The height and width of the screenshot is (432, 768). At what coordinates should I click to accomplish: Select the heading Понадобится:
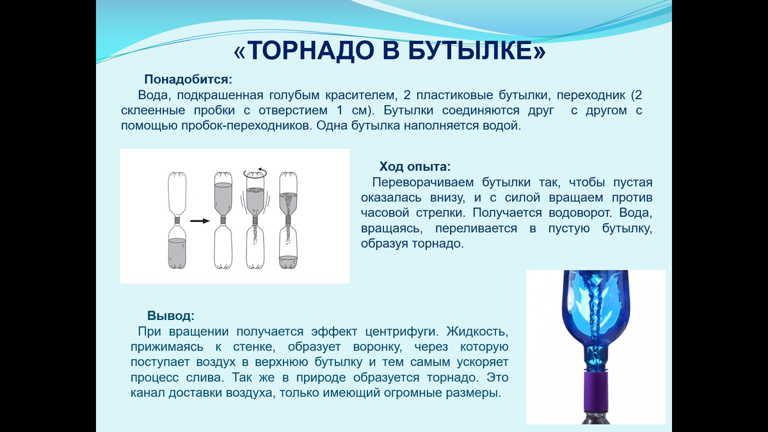188,80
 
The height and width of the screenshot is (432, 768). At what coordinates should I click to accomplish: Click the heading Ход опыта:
415,167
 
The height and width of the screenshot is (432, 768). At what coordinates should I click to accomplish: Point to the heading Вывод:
171,316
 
